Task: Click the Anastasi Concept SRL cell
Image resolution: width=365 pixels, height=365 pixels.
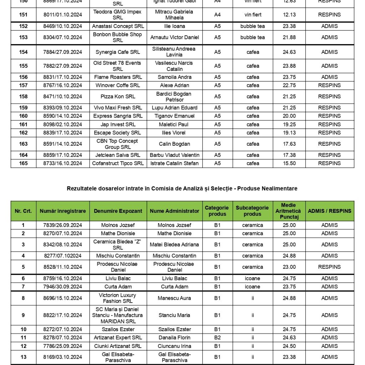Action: point(118,26)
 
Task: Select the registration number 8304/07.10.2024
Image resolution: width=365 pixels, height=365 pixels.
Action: point(63,37)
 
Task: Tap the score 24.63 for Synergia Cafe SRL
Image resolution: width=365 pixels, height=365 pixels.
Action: point(289,52)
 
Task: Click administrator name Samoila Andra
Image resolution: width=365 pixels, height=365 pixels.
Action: point(175,77)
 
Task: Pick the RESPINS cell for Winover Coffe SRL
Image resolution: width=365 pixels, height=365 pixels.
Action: point(329,85)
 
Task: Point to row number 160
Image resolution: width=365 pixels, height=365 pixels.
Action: point(23,116)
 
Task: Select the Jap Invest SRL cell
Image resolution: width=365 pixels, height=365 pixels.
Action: point(118,124)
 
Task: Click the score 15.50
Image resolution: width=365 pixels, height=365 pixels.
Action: point(289,163)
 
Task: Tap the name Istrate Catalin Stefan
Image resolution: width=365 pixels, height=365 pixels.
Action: point(175,163)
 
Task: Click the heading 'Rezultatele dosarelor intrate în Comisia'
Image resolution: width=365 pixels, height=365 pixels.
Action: point(182,188)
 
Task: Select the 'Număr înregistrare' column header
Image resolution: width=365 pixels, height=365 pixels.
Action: point(63,211)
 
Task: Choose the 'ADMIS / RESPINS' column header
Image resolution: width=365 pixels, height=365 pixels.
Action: point(329,211)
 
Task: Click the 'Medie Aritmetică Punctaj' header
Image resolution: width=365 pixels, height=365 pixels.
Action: point(289,211)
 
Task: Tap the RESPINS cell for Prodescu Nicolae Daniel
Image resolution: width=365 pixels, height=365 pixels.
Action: point(329,267)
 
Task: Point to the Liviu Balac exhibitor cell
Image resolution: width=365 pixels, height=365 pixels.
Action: point(118,278)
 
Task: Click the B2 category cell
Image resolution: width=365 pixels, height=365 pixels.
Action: point(217,338)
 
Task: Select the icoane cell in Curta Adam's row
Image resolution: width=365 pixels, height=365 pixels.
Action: point(253,287)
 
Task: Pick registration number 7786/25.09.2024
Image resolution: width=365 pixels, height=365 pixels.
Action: point(63,346)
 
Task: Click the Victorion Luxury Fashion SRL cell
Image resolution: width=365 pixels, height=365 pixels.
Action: point(118,298)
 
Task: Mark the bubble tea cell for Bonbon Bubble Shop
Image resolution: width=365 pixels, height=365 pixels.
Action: point(253,37)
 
